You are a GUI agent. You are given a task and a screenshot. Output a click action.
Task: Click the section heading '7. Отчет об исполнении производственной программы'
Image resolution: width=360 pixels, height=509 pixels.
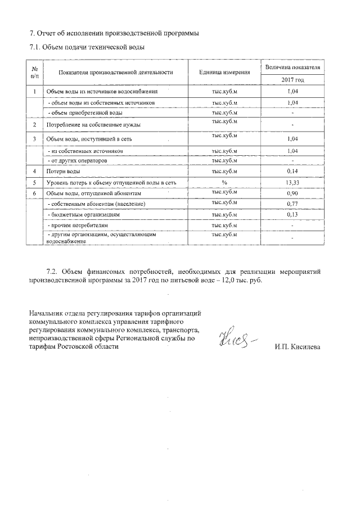click(x=114, y=33)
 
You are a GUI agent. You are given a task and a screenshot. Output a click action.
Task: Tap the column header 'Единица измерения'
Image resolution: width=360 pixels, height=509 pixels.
click(x=224, y=73)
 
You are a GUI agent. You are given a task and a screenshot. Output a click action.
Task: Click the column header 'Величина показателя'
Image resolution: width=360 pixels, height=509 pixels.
click(x=292, y=67)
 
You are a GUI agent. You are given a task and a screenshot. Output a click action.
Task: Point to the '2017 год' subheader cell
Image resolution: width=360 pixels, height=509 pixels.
click(x=292, y=80)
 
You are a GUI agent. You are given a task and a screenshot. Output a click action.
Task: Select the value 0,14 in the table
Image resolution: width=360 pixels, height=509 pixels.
click(x=292, y=171)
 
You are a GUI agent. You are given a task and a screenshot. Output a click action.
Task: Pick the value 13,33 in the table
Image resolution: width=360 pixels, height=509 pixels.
click(x=292, y=182)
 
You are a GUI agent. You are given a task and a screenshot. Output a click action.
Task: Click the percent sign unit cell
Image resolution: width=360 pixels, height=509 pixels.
click(x=224, y=182)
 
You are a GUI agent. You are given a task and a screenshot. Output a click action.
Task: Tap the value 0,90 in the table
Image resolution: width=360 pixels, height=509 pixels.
click(x=292, y=193)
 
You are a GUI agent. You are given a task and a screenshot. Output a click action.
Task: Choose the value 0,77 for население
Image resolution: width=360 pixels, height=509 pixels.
click(x=292, y=204)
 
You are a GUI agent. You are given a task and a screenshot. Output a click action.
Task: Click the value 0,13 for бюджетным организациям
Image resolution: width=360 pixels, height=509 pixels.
click(x=292, y=214)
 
